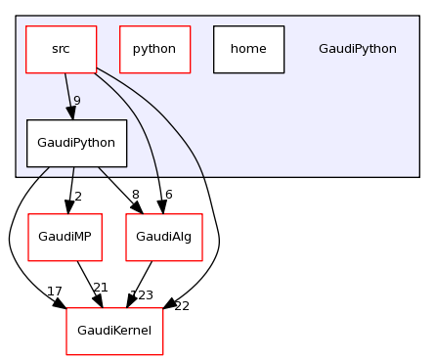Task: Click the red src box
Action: pyautogui.click(x=61, y=49)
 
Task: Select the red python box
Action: pyautogui.click(x=154, y=49)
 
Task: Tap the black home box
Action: pyautogui.click(x=248, y=49)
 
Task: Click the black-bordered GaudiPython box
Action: pyautogui.click(x=76, y=143)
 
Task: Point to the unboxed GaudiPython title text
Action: pyautogui.click(x=358, y=49)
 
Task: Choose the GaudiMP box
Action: pyautogui.click(x=65, y=237)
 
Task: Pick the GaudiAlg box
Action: pyautogui.click(x=164, y=237)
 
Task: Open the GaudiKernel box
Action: pyautogui.click(x=114, y=331)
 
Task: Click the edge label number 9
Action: pyautogui.click(x=76, y=101)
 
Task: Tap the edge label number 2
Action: pyautogui.click(x=78, y=197)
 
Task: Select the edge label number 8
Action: pyautogui.click(x=134, y=197)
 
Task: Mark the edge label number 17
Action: pyautogui.click(x=55, y=292)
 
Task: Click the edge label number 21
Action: pyautogui.click(x=100, y=287)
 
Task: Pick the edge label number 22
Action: pyautogui.click(x=182, y=306)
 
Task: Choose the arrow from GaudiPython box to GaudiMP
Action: pyautogui.click(x=71, y=188)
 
